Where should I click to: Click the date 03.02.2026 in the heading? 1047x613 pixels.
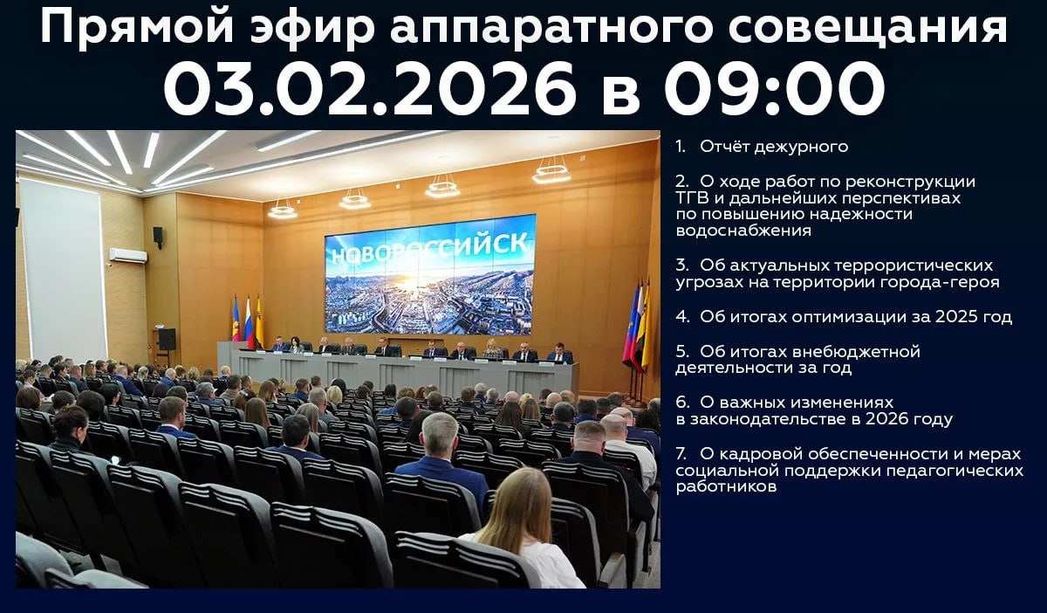pyautogui.click(x=370, y=89)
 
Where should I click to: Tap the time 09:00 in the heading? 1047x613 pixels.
pyautogui.click(x=775, y=89)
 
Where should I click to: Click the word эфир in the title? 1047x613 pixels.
pyautogui.click(x=312, y=29)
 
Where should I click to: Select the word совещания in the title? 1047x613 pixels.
pyautogui.click(x=867, y=29)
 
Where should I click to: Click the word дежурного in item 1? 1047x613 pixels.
pyautogui.click(x=801, y=147)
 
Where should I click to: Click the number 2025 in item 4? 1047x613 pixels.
pyautogui.click(x=955, y=317)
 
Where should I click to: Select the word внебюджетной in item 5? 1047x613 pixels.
pyautogui.click(x=837, y=351)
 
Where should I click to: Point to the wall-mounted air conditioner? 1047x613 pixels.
pyautogui.click(x=128, y=256)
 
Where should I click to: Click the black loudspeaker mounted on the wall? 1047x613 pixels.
pyautogui.click(x=158, y=237)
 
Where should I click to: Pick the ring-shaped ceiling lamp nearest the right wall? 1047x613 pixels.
pyautogui.click(x=551, y=174)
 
